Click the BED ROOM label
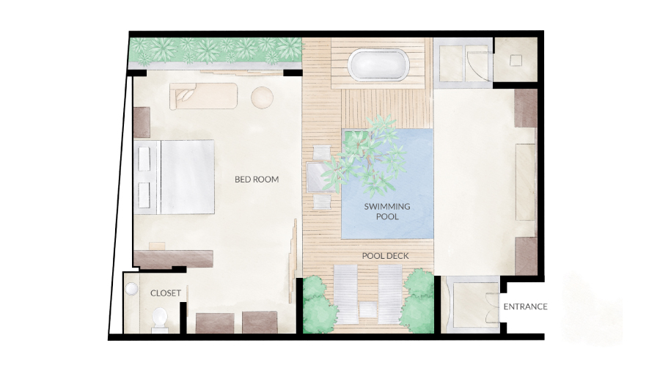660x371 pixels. tap(257, 179)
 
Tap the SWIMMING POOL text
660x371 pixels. tap(387, 212)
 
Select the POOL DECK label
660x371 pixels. tap(385, 256)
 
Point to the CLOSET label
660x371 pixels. tap(166, 293)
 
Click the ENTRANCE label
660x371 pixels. tap(525, 306)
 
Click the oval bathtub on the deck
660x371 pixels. tap(378, 65)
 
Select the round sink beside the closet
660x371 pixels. tap(131, 289)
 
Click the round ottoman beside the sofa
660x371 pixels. tap(263, 98)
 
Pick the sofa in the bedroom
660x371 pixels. tap(203, 96)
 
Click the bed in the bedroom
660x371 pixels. tap(175, 177)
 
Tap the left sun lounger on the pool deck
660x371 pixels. tap(345, 294)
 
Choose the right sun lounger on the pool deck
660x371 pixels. tap(390, 294)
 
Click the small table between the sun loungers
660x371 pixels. tap(368, 309)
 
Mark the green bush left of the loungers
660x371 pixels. tap(318, 304)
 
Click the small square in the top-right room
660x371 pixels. tap(516, 61)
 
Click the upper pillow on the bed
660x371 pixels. tap(144, 158)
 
